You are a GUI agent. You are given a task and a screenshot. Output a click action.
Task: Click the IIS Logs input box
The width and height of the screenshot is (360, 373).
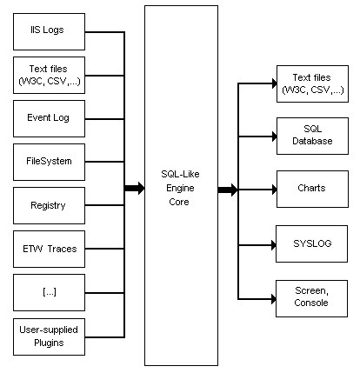50,30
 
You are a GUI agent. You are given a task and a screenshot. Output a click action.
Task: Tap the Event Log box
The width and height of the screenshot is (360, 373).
50,117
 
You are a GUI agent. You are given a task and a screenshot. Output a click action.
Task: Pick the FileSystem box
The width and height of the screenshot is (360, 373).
50,161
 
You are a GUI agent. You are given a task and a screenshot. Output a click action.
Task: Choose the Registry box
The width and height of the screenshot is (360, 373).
50,205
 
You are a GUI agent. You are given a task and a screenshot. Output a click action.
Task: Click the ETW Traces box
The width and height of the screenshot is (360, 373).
50,249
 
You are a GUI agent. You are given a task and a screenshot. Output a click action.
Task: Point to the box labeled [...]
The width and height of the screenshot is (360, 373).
50,292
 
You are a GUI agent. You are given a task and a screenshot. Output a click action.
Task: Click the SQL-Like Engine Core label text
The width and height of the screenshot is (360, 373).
181,187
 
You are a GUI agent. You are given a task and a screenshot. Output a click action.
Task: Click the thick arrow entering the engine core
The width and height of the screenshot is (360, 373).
134,188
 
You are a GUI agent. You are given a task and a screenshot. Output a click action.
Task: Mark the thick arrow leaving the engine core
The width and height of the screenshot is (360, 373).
228,189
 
